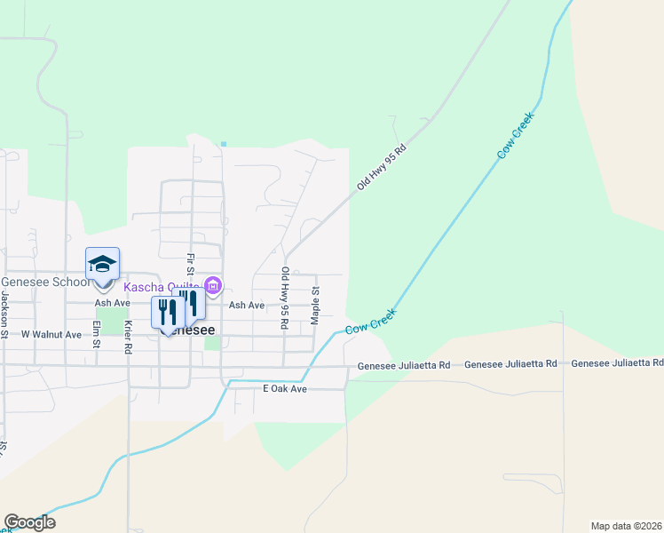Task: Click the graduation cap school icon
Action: coord(102,265)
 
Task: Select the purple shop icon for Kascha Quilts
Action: coord(213,286)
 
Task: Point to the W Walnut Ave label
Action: coord(51,335)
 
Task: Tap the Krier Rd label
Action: coord(128,338)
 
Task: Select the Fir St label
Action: coord(190,264)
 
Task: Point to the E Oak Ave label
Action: coord(284,389)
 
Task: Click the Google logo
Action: coord(29,522)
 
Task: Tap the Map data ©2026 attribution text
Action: coord(626,525)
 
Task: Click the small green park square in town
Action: coord(210,341)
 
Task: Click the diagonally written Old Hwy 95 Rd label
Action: coord(381,168)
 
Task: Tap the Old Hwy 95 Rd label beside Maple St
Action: coord(284,298)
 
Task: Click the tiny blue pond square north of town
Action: coord(224,143)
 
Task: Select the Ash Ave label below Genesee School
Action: coord(113,302)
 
